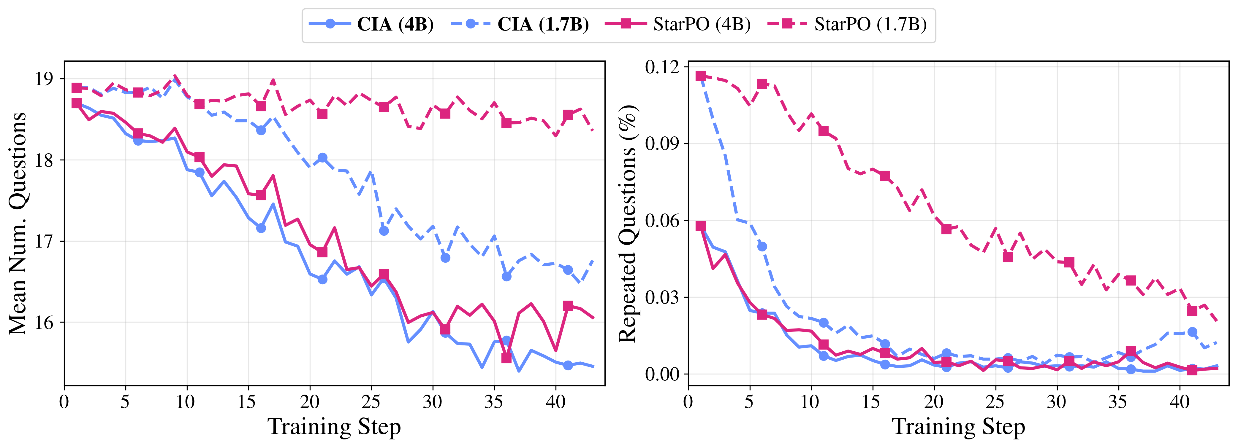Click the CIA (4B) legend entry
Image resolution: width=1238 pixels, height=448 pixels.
pos(371,25)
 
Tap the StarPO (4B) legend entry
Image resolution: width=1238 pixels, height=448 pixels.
pos(677,25)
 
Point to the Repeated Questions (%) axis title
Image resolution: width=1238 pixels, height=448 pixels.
pos(627,223)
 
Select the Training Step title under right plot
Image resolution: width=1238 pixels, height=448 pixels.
pos(958,426)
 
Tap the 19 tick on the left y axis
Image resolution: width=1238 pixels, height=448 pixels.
pos(44,79)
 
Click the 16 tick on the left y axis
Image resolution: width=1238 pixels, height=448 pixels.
pos(44,322)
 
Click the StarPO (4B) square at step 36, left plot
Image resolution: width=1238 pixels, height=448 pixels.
pos(506,358)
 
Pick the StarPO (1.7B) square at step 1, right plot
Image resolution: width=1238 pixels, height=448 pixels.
pos(701,76)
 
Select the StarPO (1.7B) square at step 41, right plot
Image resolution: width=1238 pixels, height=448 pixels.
pos(1192,311)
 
